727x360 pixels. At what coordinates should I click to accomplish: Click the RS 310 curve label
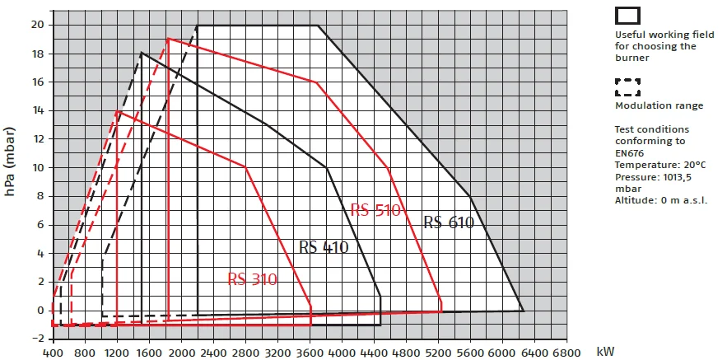tap(252, 279)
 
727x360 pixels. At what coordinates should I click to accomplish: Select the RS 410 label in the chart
tap(324, 247)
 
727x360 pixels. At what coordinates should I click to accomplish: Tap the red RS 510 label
tap(375, 210)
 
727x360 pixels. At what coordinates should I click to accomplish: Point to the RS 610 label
tap(449, 222)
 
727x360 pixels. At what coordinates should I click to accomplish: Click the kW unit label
tap(606, 352)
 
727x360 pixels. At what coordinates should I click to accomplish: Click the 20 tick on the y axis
tap(39, 25)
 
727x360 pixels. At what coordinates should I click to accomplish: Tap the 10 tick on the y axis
tap(39, 167)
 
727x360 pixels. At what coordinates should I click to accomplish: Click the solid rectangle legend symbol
tap(628, 15)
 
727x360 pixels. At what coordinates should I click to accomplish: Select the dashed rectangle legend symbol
tap(628, 86)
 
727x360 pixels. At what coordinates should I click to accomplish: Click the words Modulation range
tap(659, 105)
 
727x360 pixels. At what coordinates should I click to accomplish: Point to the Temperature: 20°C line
tap(659, 166)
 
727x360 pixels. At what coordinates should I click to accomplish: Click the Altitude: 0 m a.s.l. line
tap(661, 199)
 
